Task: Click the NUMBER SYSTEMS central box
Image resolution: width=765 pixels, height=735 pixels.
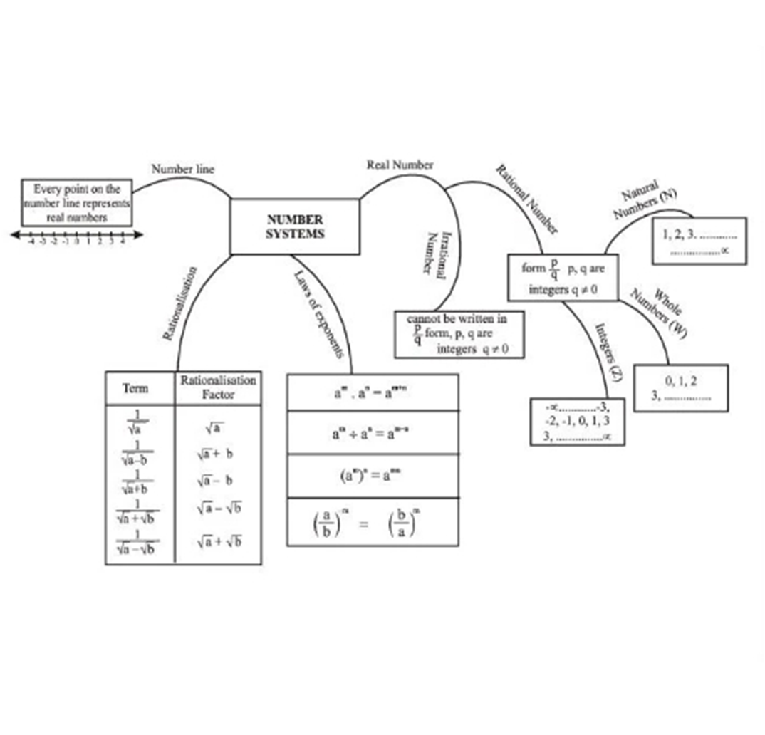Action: (x=294, y=226)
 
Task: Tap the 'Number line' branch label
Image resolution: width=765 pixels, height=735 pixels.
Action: (x=182, y=170)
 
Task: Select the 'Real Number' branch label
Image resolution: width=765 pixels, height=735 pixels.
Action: (x=400, y=165)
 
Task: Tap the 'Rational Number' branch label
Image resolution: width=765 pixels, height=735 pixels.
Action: (x=527, y=197)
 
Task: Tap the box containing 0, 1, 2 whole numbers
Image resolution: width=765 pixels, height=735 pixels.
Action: (x=680, y=389)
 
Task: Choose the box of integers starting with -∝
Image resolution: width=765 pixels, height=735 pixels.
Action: (x=577, y=422)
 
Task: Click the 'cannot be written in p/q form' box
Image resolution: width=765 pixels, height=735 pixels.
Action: (x=459, y=334)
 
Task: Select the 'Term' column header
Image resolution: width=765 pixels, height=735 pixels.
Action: (x=136, y=388)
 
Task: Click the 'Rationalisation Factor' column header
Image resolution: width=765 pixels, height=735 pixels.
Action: (x=218, y=387)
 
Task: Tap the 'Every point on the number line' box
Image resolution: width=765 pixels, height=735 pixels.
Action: (x=77, y=203)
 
